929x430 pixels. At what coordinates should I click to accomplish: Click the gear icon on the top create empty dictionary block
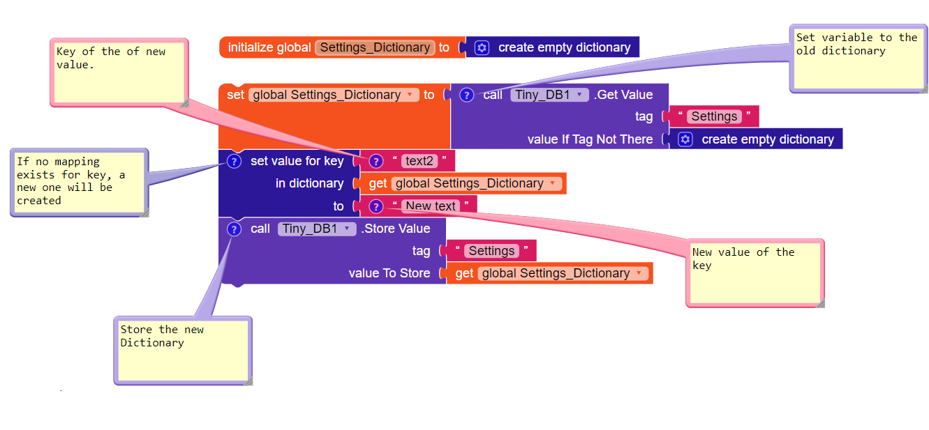coord(482,47)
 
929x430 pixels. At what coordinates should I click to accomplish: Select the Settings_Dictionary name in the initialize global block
coord(375,47)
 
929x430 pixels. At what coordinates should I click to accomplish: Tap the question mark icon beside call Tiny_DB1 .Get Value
coord(467,95)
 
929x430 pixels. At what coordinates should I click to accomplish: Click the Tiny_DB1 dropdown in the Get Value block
coord(549,95)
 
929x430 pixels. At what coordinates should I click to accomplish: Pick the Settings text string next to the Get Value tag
coord(714,116)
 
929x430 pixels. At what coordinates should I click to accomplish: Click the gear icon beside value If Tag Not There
coord(685,139)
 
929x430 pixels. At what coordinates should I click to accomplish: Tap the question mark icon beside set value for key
coord(235,161)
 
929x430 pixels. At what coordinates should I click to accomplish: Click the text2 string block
coord(419,161)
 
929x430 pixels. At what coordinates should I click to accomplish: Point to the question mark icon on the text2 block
coord(376,161)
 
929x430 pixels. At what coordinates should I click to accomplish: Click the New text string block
coord(431,206)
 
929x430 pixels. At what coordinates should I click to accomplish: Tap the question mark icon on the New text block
coord(376,206)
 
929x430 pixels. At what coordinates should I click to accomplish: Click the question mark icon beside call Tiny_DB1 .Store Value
coord(235,229)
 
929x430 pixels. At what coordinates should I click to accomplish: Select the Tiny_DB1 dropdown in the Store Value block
coord(316,229)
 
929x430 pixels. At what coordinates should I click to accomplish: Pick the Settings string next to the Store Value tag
coord(491,251)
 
